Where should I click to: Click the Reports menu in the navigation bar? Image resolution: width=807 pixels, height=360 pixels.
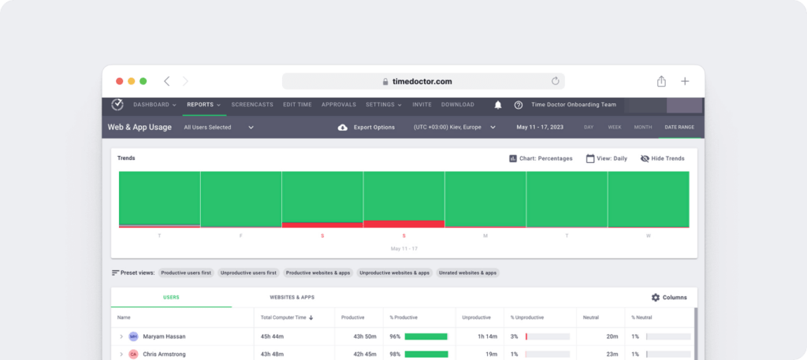click(203, 105)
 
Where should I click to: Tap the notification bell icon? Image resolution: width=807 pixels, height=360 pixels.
click(498, 105)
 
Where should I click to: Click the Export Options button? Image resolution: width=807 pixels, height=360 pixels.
click(367, 127)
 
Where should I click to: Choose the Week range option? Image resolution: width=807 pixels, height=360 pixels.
click(615, 127)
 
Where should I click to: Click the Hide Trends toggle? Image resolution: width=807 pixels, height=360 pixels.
click(662, 158)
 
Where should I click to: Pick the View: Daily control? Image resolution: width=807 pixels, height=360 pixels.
click(607, 158)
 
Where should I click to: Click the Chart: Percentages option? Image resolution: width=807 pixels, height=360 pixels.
click(541, 158)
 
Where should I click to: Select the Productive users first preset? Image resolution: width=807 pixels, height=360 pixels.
click(185, 273)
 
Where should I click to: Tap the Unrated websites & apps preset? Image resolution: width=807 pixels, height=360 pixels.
click(468, 273)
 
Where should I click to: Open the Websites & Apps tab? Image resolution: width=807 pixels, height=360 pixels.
click(292, 298)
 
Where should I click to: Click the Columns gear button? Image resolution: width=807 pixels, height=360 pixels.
click(669, 298)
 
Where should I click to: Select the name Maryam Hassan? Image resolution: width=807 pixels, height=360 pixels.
click(164, 336)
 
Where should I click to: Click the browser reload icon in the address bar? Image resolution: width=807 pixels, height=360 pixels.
click(555, 81)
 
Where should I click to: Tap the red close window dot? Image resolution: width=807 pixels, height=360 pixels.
click(120, 81)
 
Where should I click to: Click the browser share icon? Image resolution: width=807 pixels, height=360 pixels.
click(661, 81)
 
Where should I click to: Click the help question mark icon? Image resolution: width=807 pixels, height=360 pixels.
click(519, 105)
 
